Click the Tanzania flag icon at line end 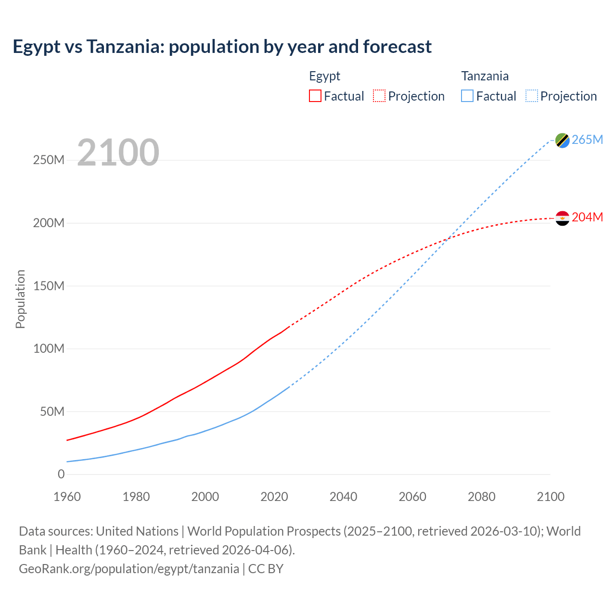click(562, 140)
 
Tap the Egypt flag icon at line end click(562, 218)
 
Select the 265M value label click(587, 140)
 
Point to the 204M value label click(587, 218)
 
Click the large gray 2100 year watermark click(118, 153)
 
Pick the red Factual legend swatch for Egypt click(315, 96)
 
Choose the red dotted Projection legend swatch click(379, 96)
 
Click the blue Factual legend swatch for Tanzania click(467, 96)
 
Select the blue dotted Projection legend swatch click(531, 96)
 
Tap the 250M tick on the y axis click(49, 160)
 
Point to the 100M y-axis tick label click(49, 348)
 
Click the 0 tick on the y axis click(61, 474)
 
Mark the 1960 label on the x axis click(67, 497)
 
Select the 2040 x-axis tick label click(343, 497)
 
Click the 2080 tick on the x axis click(481, 497)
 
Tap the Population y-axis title click(20, 299)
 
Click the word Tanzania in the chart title click(125, 47)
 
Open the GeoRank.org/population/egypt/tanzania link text click(129, 568)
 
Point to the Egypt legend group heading click(324, 76)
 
